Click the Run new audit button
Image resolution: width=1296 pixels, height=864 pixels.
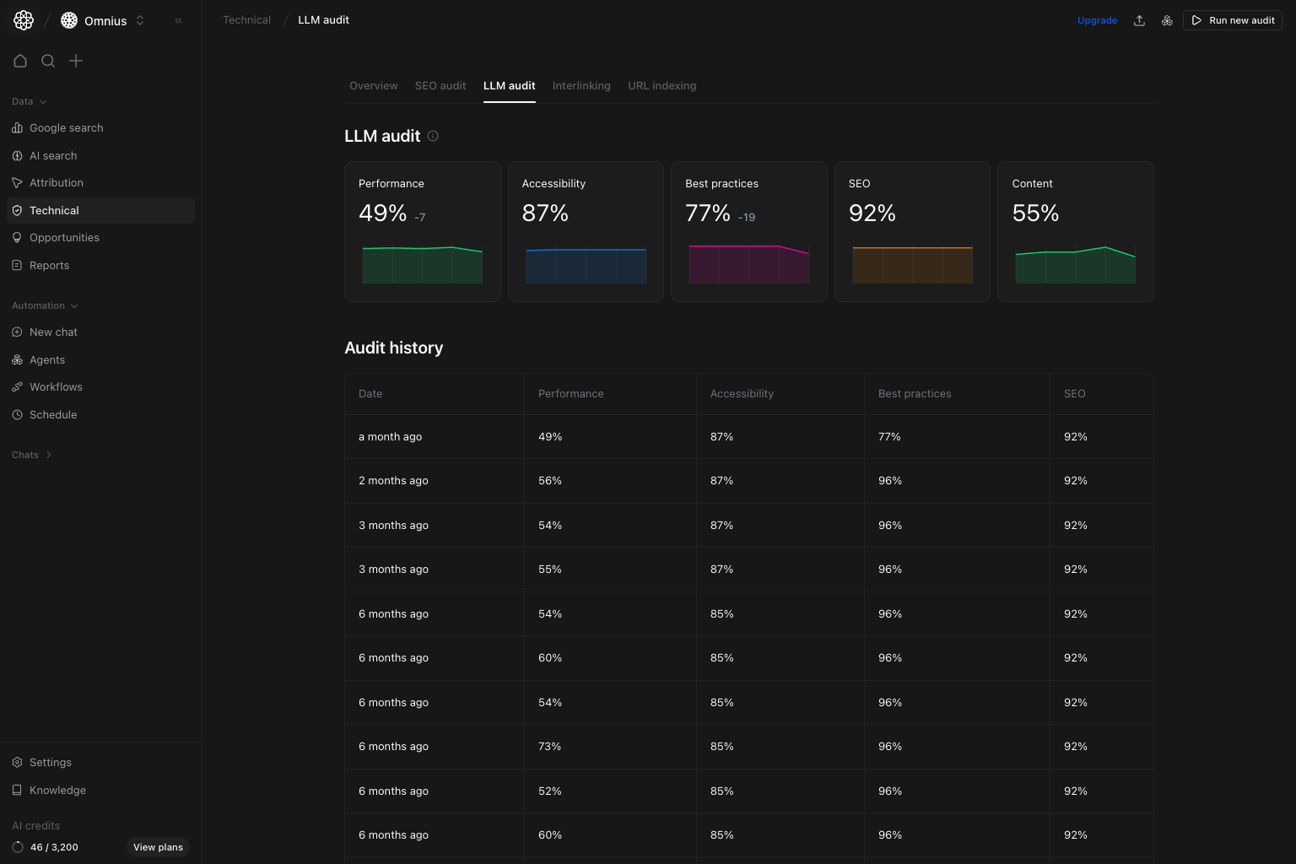coord(1233,20)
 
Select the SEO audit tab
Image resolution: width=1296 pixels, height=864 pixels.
coord(440,86)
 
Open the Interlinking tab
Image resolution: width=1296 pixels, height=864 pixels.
coord(581,86)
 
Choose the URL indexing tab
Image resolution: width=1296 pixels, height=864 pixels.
coord(662,86)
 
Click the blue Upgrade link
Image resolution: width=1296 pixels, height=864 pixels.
coord(1097,20)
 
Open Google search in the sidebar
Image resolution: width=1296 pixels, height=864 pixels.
coord(66,128)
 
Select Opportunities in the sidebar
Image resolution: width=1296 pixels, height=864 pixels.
coord(64,238)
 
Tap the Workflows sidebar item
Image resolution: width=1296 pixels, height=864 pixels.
coord(56,387)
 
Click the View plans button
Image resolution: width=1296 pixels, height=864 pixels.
coord(158,847)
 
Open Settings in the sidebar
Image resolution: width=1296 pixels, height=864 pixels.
coord(51,763)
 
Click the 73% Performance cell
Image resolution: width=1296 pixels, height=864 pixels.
coord(550,747)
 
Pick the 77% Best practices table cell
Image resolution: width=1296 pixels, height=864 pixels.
coord(889,437)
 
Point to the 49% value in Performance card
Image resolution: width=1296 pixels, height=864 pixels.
coord(383,213)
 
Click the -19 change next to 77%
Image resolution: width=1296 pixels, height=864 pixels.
coord(747,218)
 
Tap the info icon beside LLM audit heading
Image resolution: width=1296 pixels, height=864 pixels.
coord(433,136)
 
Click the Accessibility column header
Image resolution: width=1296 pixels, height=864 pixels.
coord(742,394)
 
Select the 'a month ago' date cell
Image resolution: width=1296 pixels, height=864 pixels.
coord(390,437)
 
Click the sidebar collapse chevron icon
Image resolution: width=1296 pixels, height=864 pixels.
coord(178,20)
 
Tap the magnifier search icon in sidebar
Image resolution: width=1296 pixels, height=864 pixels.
coord(48,61)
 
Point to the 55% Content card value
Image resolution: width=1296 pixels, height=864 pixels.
coord(1035,213)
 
